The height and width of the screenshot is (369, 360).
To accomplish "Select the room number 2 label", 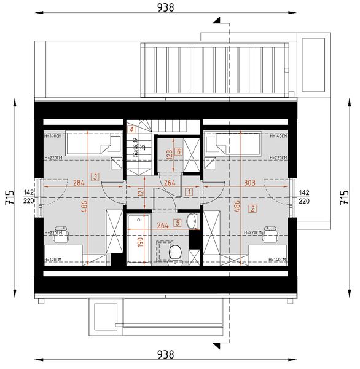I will coord(252,208).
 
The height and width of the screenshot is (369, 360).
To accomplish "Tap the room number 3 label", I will coord(94,177).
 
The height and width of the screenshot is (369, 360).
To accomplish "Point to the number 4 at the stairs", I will coord(131,129).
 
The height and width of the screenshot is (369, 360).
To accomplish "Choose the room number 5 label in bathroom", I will coord(178,223).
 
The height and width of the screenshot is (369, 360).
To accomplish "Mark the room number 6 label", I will coord(179,151).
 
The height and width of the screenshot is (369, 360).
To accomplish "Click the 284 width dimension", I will coord(78,182).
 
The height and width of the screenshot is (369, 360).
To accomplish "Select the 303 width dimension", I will coord(249,182).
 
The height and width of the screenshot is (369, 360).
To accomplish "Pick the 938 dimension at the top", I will coord(166,7).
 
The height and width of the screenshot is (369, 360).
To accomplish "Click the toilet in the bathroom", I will coord(176,252).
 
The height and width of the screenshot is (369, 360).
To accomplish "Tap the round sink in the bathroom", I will coord(192,220).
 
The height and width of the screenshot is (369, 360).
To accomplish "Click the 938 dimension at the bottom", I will coord(166,354).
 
